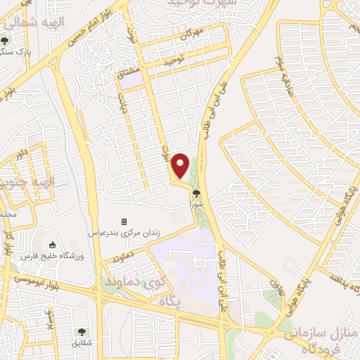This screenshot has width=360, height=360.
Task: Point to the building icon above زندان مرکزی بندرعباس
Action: tap(124, 221)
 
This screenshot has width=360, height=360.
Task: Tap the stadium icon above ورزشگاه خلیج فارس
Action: tap(53, 245)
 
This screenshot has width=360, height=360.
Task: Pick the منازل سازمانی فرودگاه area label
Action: tap(316, 342)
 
